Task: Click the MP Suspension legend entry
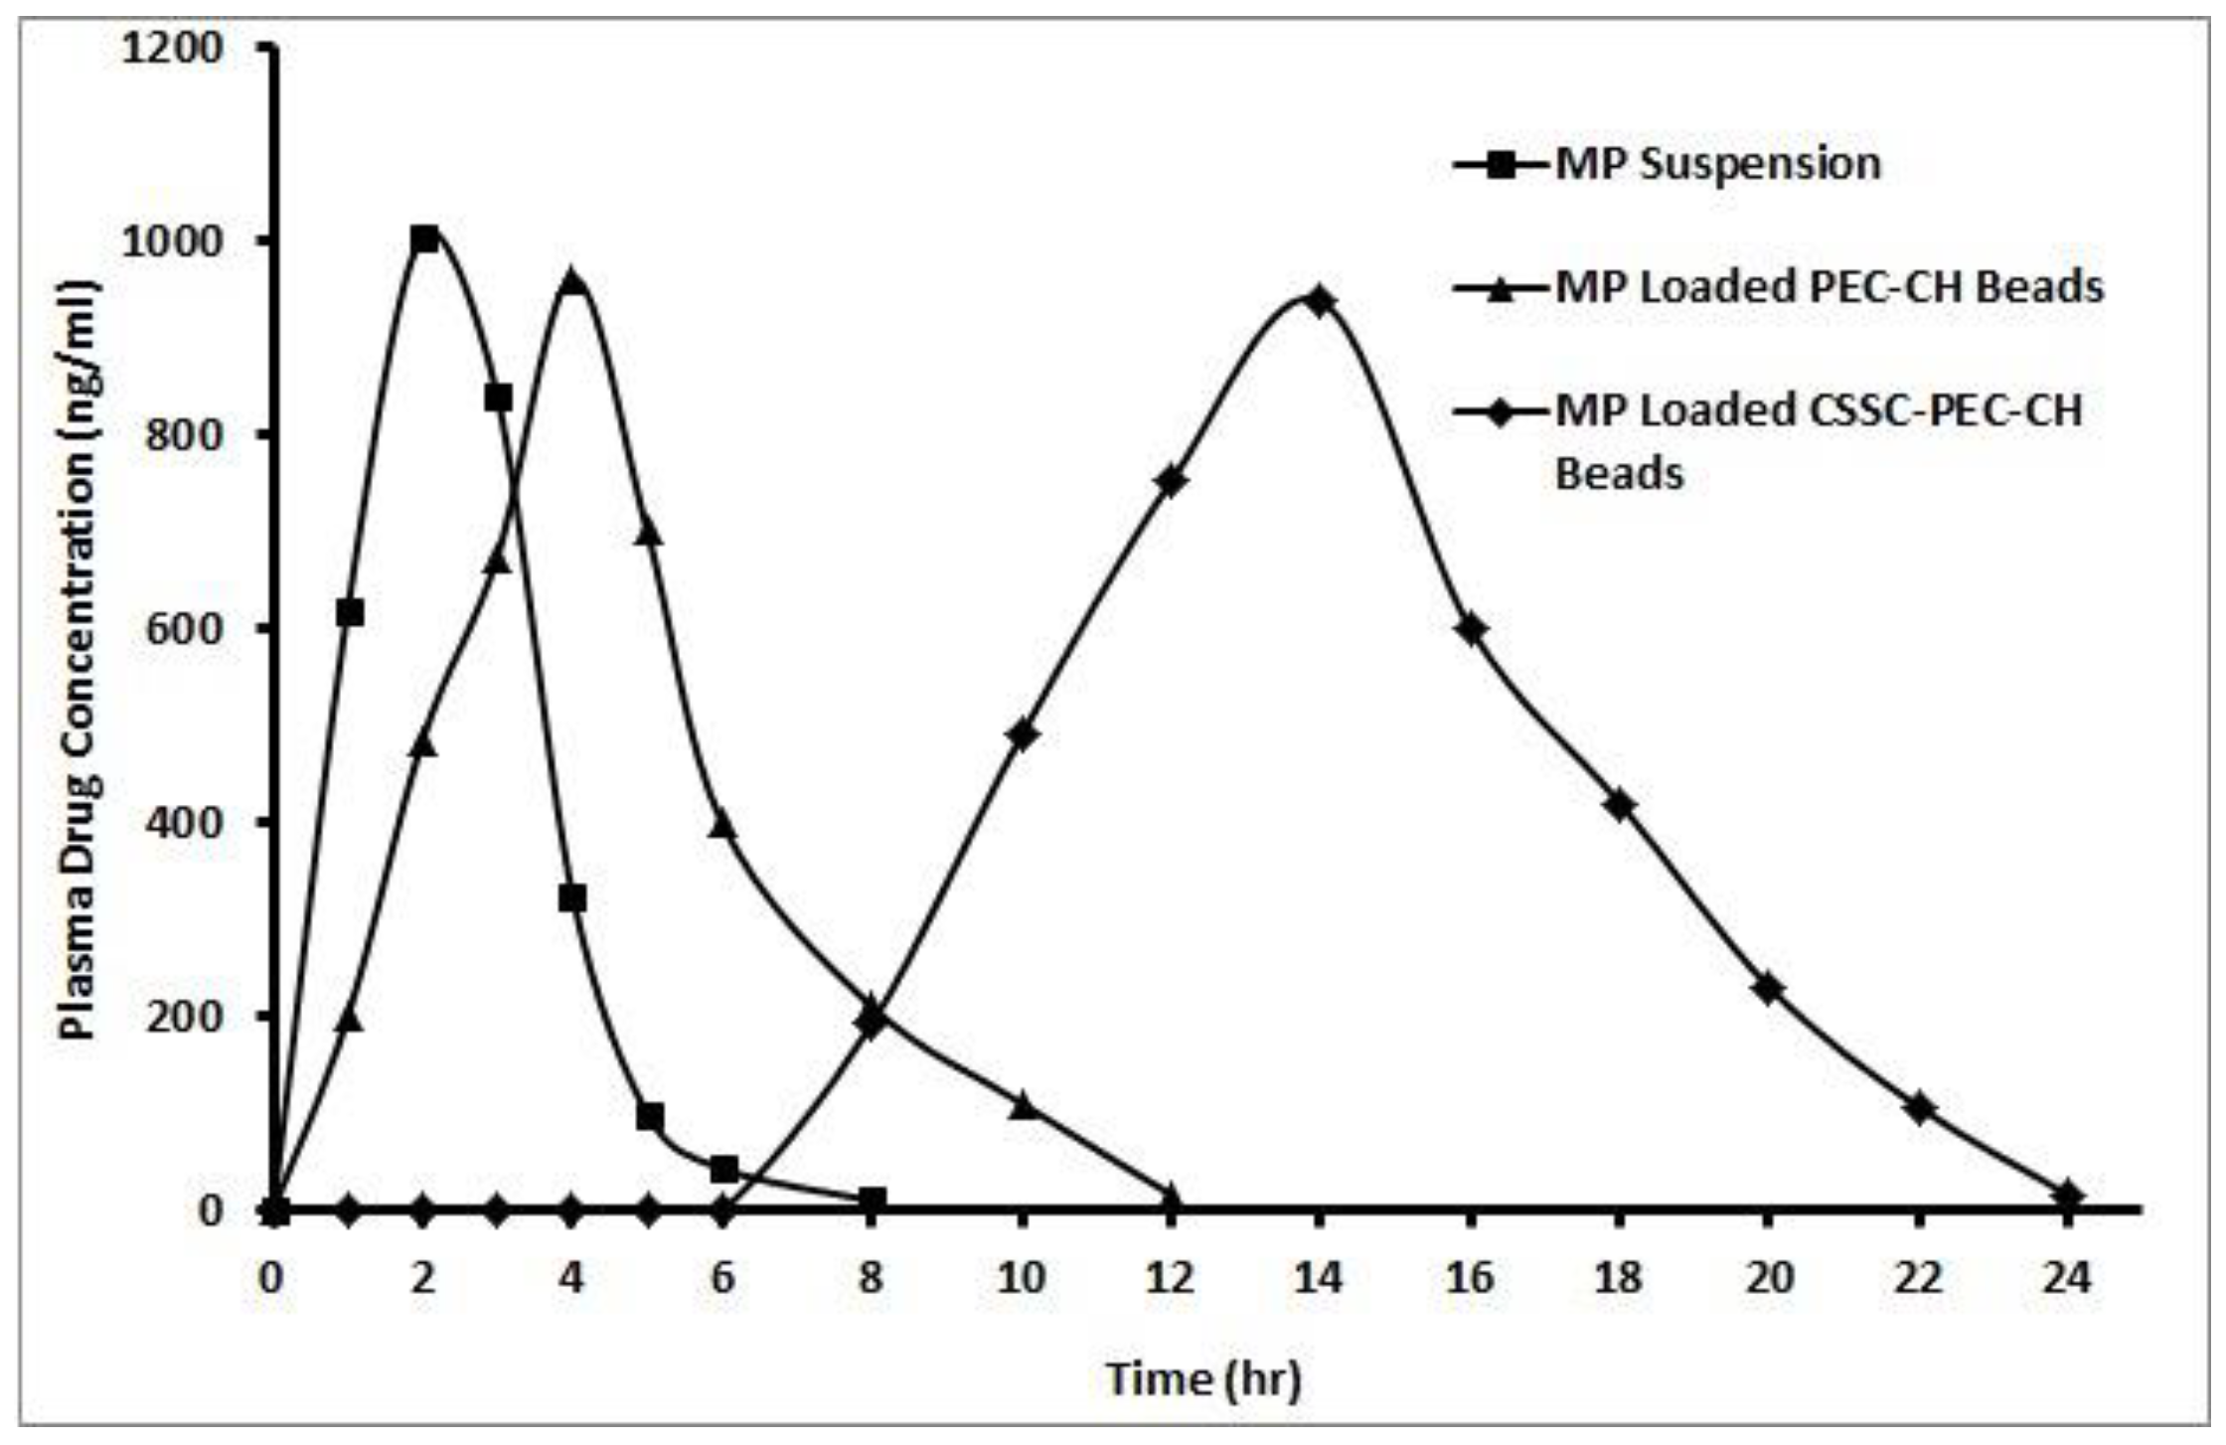[x=1717, y=164]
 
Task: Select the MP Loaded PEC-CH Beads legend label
[x=1828, y=287]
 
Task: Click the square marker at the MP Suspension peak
[x=424, y=239]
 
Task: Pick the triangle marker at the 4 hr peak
[x=572, y=282]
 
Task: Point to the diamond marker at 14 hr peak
[x=1320, y=300]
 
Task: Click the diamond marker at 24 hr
[x=2068, y=1195]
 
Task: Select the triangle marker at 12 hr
[x=1171, y=1196]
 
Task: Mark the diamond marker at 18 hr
[x=1620, y=804]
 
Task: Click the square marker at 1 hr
[x=350, y=613]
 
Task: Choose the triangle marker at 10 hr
[x=1022, y=1104]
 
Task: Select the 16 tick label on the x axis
[x=1470, y=1277]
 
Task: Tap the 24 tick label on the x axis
[x=2068, y=1277]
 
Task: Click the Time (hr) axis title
[x=1203, y=1378]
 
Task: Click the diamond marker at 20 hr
[x=1769, y=989]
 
